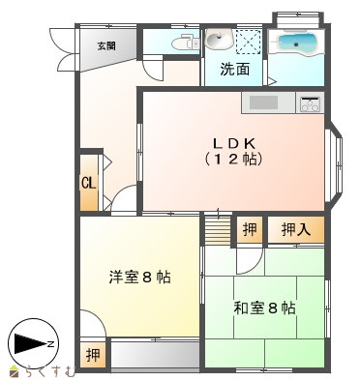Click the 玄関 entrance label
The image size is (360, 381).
pyautogui.click(x=106, y=46)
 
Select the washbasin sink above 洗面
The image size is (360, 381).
pyautogui.click(x=220, y=40)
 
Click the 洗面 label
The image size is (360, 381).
pyautogui.click(x=235, y=69)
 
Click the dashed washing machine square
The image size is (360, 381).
pyautogui.click(x=248, y=41)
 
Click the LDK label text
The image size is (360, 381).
pyautogui.click(x=233, y=143)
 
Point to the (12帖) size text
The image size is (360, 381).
pyautogui.click(x=233, y=159)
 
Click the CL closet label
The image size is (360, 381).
pyautogui.click(x=88, y=184)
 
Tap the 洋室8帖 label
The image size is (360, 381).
pyautogui.click(x=139, y=277)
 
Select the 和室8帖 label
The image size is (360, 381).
pyautogui.click(x=264, y=308)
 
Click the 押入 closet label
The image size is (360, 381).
pyautogui.click(x=296, y=230)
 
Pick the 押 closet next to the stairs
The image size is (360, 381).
pyautogui.click(x=250, y=230)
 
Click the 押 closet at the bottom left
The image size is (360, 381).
pyautogui.click(x=93, y=355)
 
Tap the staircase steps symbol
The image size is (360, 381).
pyautogui.click(x=219, y=230)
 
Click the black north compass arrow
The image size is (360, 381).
pyautogui.click(x=32, y=344)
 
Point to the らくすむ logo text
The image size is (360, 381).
pyautogui.click(x=47, y=372)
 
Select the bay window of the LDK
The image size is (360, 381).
pyautogui.click(x=335, y=165)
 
